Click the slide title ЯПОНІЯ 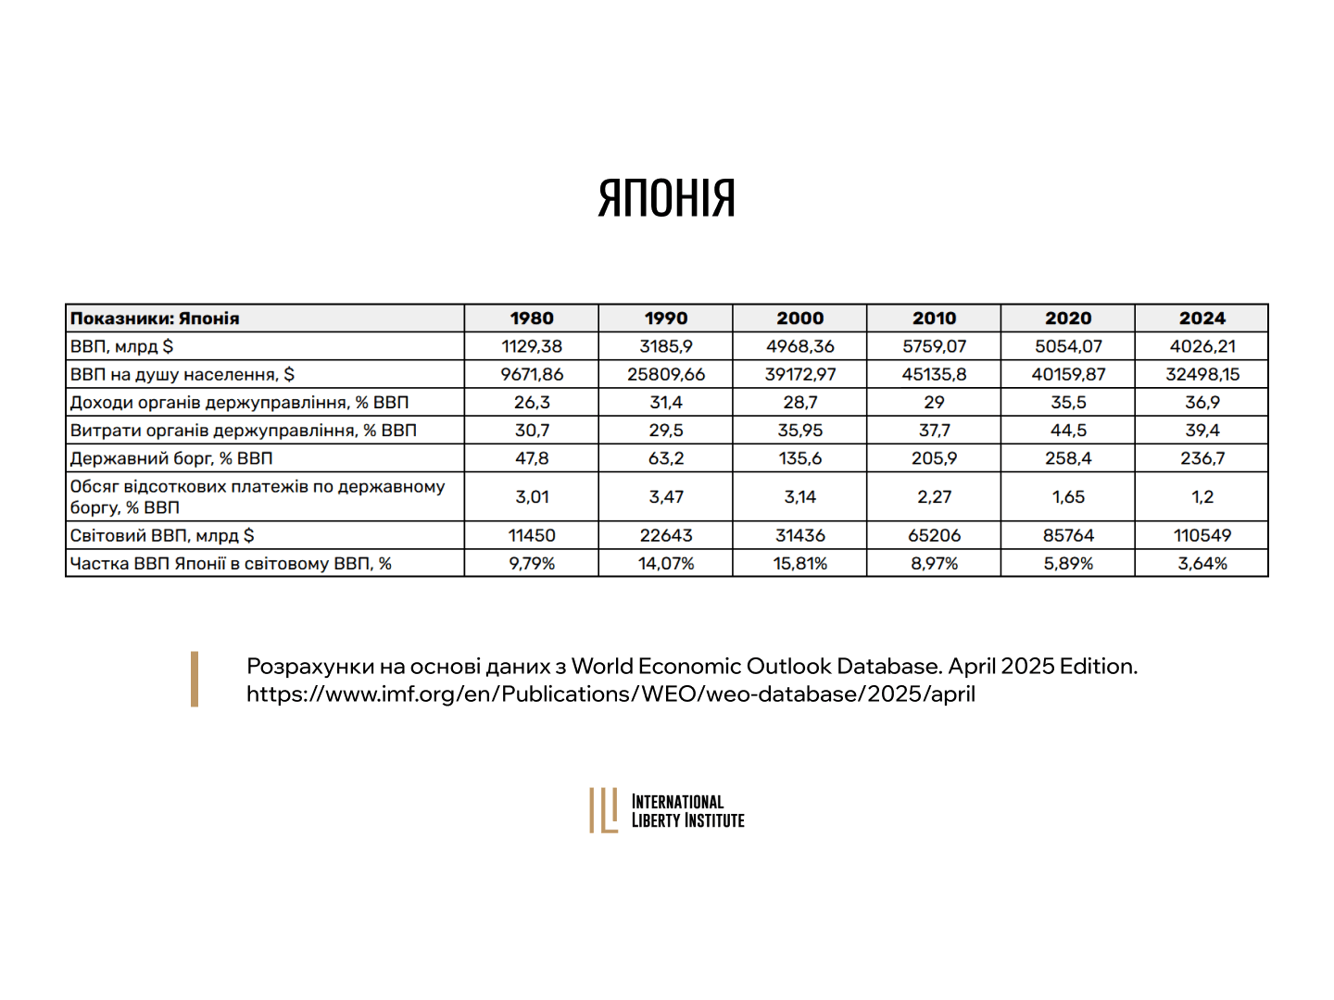666,198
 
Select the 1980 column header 532,319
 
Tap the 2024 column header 1202,319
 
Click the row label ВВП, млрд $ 122,346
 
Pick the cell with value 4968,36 799,346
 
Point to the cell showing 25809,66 666,374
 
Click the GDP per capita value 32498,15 1202,374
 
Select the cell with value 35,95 799,431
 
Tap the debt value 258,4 1068,458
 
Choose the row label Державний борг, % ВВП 171,458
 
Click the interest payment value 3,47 666,497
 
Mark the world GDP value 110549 1202,535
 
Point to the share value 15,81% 799,563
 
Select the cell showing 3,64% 1202,563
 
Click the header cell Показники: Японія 155,319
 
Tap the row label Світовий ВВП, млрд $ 162,535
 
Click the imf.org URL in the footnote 610,694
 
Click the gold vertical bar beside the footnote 195,679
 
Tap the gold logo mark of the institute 603,810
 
